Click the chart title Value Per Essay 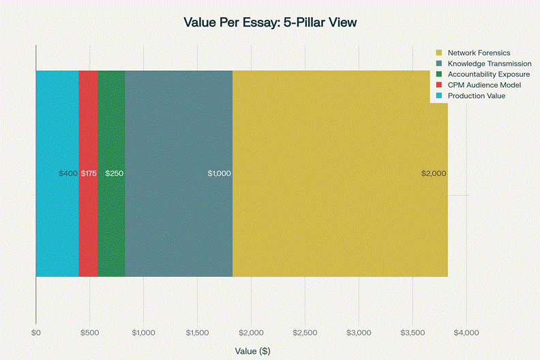270,22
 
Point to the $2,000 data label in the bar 434,173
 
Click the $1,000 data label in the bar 219,173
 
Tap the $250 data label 114,173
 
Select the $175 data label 89,173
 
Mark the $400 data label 67,173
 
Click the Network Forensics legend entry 479,52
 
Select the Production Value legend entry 476,96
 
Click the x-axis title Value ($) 252,351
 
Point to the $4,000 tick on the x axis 466,333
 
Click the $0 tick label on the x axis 36,333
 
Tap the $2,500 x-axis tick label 305,333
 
